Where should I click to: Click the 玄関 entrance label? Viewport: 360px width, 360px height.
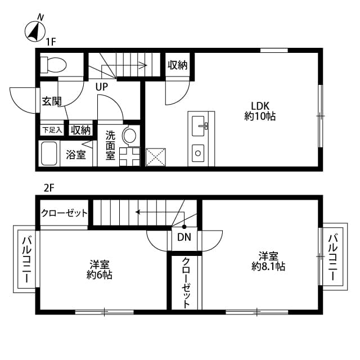[51, 102]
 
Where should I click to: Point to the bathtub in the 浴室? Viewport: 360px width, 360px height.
[49, 153]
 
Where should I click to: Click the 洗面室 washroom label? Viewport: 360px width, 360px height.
[110, 145]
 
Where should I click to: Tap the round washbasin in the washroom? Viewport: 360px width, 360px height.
[129, 136]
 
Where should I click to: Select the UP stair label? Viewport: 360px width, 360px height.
[102, 87]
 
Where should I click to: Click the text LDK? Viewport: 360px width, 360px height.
[260, 105]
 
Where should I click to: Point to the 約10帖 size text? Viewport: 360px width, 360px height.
[260, 117]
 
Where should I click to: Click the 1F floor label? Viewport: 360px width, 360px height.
[51, 41]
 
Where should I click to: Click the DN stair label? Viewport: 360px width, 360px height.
[184, 237]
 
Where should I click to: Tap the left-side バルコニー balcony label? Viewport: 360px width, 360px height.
[26, 259]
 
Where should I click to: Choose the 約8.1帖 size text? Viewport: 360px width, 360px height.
[268, 266]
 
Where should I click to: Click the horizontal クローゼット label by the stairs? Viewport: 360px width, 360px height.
[65, 213]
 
